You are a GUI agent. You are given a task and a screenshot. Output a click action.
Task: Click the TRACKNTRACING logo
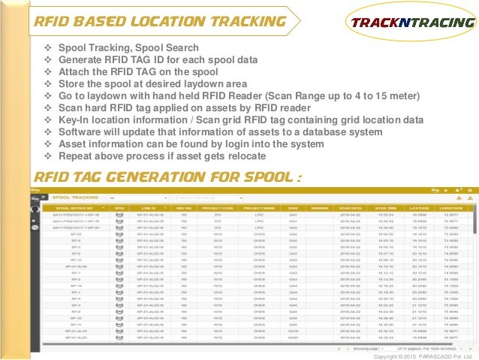(410, 22)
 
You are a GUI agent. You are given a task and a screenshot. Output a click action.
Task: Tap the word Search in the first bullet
(181, 48)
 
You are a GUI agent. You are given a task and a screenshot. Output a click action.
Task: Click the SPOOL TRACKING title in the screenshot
(73, 197)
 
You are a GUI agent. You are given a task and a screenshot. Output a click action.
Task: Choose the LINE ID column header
(149, 207)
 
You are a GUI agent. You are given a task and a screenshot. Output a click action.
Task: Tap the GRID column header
(294, 207)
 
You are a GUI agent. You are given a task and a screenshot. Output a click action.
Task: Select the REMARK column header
(321, 207)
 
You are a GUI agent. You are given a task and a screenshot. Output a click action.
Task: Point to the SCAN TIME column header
(387, 207)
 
